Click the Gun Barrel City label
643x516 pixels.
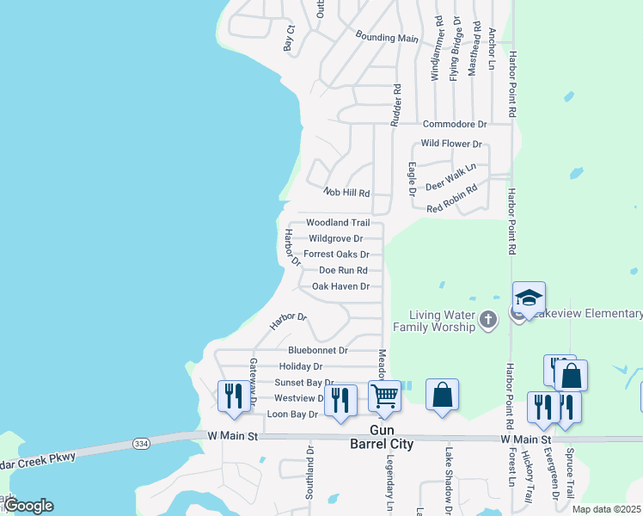[x=391, y=437]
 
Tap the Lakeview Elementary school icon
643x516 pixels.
[x=529, y=298]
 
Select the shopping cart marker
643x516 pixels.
[x=385, y=396]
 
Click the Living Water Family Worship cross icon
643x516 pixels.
[x=487, y=321]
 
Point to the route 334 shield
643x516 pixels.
[x=141, y=444]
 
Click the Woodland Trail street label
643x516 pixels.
[x=338, y=223]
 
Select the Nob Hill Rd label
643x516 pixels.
[x=346, y=193]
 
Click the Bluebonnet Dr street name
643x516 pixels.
[x=318, y=350]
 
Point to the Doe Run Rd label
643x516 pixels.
[x=343, y=270]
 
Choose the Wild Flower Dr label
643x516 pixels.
[x=451, y=144]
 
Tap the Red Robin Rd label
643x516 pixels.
[x=452, y=198]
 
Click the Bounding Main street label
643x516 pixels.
[x=387, y=37]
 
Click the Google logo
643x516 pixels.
[x=28, y=505]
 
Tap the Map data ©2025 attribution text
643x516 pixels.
[x=607, y=509]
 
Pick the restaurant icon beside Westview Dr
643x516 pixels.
[x=340, y=400]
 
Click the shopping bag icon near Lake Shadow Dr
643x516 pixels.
[x=442, y=395]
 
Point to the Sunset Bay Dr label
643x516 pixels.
[x=303, y=382]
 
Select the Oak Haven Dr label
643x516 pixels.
[x=340, y=286]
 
